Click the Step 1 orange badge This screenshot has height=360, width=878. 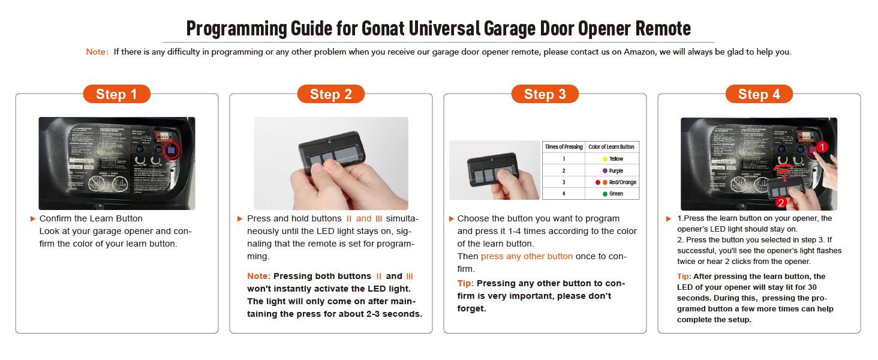pos(116,94)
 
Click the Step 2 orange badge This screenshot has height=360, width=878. pos(330,94)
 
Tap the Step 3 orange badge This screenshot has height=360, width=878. pos(545,94)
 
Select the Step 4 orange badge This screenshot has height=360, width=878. pos(759,94)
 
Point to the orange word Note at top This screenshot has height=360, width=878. pos(96,52)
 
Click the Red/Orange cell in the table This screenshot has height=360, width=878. pos(615,182)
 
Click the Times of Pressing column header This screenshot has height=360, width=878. pos(563,147)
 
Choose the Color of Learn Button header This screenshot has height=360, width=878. pos(611,147)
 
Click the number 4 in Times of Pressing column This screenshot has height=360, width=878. pos(563,194)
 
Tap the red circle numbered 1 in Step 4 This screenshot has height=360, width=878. pos(823,146)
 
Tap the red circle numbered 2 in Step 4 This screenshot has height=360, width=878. pos(780,203)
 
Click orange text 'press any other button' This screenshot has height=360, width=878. pos(527,256)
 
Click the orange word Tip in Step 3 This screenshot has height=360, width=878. pos(465,283)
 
